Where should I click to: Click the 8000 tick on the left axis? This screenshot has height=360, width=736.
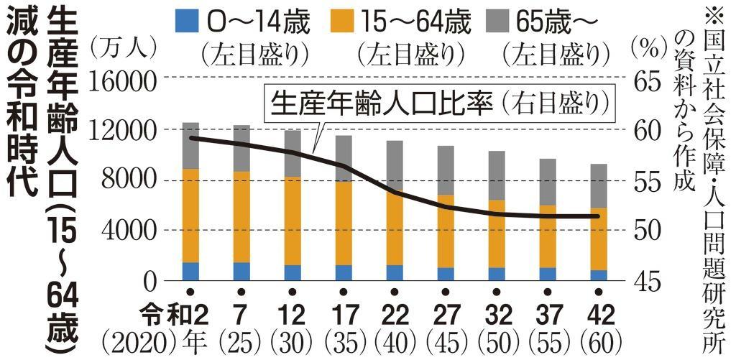pyautogui.click(x=129, y=180)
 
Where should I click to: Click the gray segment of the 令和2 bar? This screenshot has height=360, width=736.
pyautogui.click(x=190, y=146)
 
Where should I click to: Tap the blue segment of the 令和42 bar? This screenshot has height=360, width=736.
pyautogui.click(x=599, y=275)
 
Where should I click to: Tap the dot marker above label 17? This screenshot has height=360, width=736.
pyautogui.click(x=344, y=292)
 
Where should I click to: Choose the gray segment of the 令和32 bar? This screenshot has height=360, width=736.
pyautogui.click(x=497, y=175)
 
